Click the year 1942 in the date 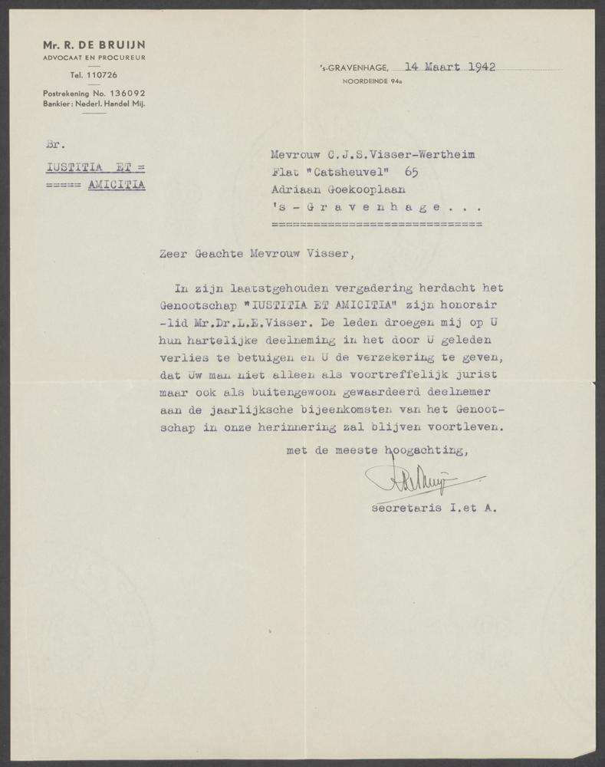(478, 66)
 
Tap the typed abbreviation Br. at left (53, 143)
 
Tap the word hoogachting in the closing (426, 451)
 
